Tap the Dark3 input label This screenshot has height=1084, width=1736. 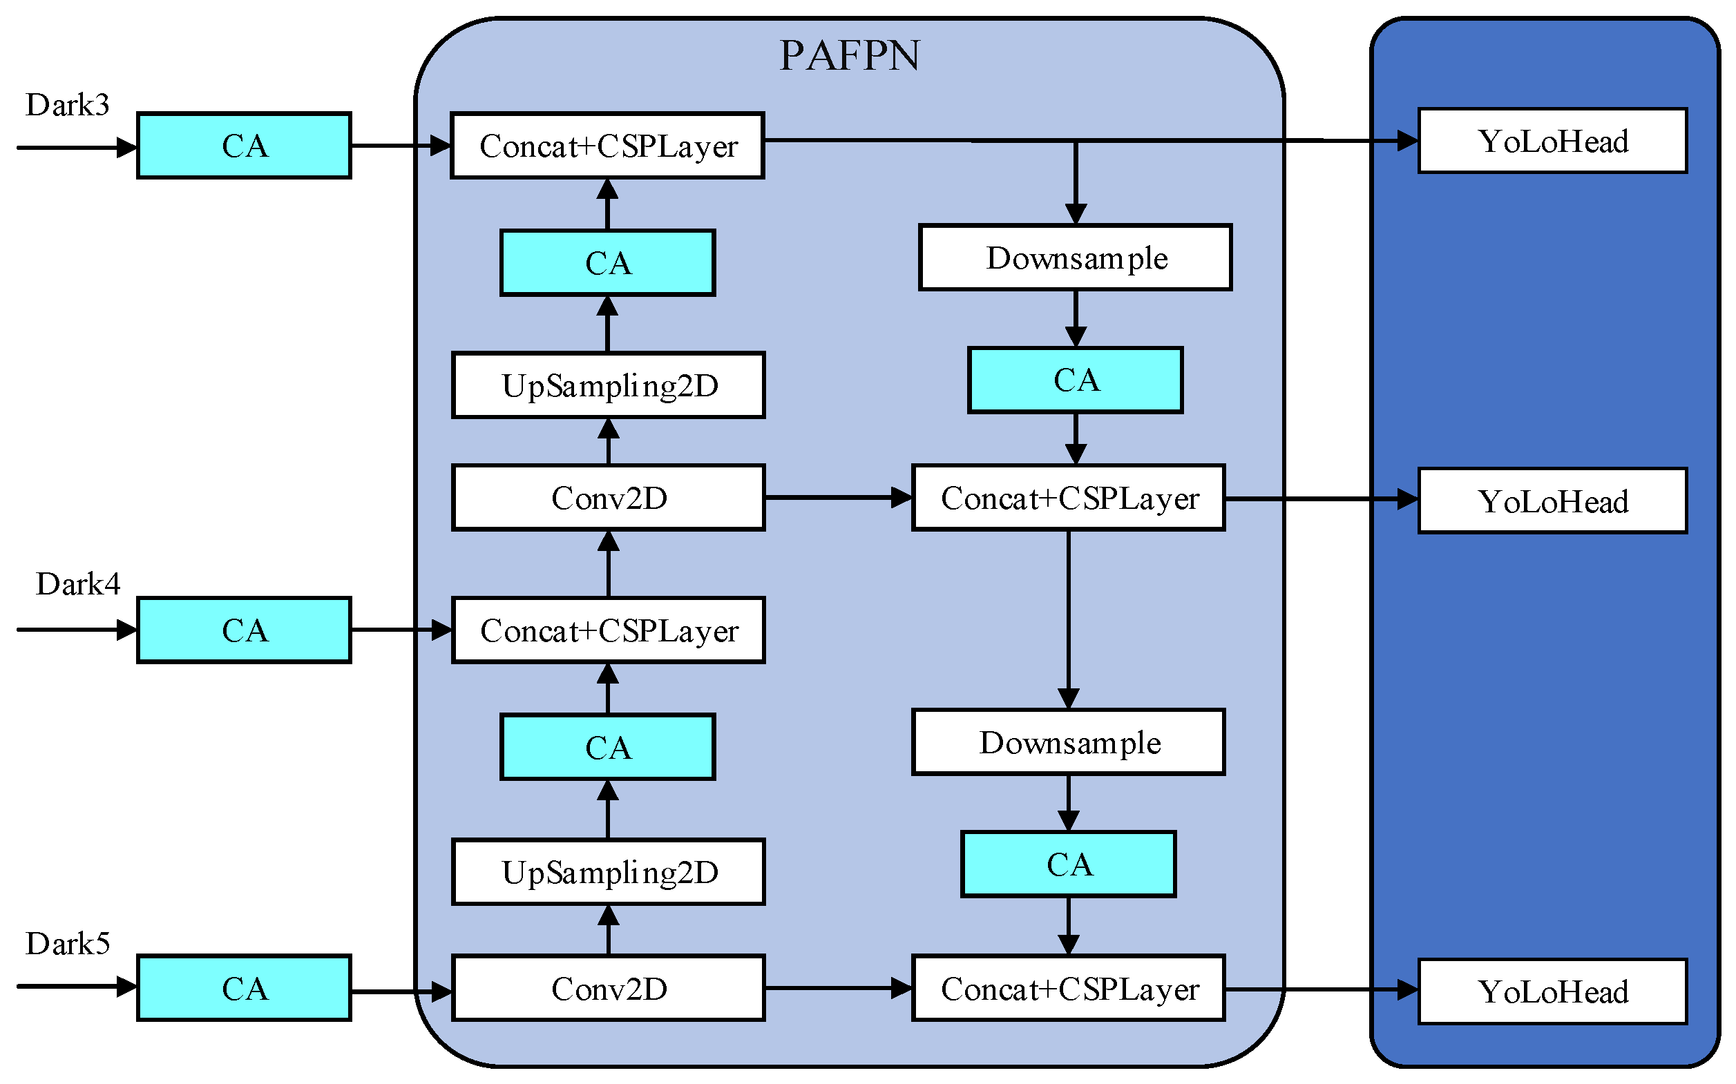click(x=68, y=106)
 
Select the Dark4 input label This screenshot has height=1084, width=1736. click(x=77, y=584)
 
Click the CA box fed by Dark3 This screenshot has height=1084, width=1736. click(x=244, y=146)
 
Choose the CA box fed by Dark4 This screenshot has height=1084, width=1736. click(x=244, y=630)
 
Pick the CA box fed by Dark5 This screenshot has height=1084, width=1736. click(x=244, y=989)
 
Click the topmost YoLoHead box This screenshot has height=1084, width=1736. click(x=1552, y=142)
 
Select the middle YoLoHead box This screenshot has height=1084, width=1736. click(x=1552, y=501)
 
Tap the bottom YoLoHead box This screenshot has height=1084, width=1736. click(x=1552, y=992)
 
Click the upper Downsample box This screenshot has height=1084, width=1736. click(x=1075, y=258)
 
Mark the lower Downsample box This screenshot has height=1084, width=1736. click(x=1067, y=743)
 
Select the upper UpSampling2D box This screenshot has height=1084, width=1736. click(x=609, y=386)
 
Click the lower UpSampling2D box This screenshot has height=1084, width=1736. click(x=609, y=873)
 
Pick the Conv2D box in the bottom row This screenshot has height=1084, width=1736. click(x=609, y=989)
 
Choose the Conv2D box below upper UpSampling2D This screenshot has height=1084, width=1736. click(x=609, y=499)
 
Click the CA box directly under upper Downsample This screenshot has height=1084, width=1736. click(x=1075, y=380)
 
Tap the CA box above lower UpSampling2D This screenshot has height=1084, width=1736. click(x=608, y=748)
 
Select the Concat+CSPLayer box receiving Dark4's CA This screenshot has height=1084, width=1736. click(x=609, y=631)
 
